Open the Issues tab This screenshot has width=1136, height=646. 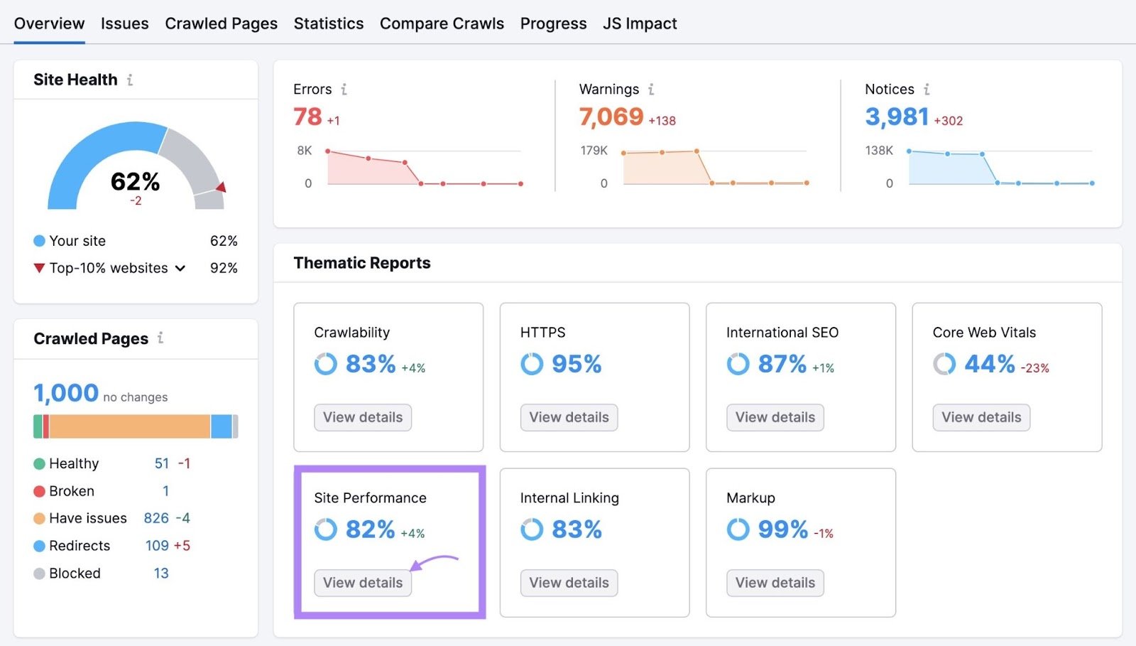[124, 23]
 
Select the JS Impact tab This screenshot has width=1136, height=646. [640, 23]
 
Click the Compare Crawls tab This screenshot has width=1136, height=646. [442, 23]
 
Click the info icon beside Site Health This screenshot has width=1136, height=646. [130, 80]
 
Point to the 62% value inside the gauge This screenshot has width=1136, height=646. [135, 182]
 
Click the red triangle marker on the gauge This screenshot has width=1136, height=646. [221, 187]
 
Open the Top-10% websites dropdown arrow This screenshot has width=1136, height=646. [180, 269]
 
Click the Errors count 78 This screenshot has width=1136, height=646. [307, 117]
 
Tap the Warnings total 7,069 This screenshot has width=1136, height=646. [611, 117]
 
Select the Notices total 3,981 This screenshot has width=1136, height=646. [897, 117]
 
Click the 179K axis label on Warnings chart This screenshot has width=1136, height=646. [594, 151]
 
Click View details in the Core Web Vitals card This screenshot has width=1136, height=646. [981, 417]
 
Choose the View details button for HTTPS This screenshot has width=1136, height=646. [569, 417]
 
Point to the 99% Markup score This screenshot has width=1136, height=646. [782, 529]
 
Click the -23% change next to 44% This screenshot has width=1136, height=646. [1034, 368]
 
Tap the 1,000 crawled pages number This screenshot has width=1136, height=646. [66, 393]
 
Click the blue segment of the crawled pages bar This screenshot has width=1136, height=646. [221, 426]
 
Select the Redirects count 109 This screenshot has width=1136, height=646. [157, 546]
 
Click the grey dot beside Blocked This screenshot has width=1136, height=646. [39, 574]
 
